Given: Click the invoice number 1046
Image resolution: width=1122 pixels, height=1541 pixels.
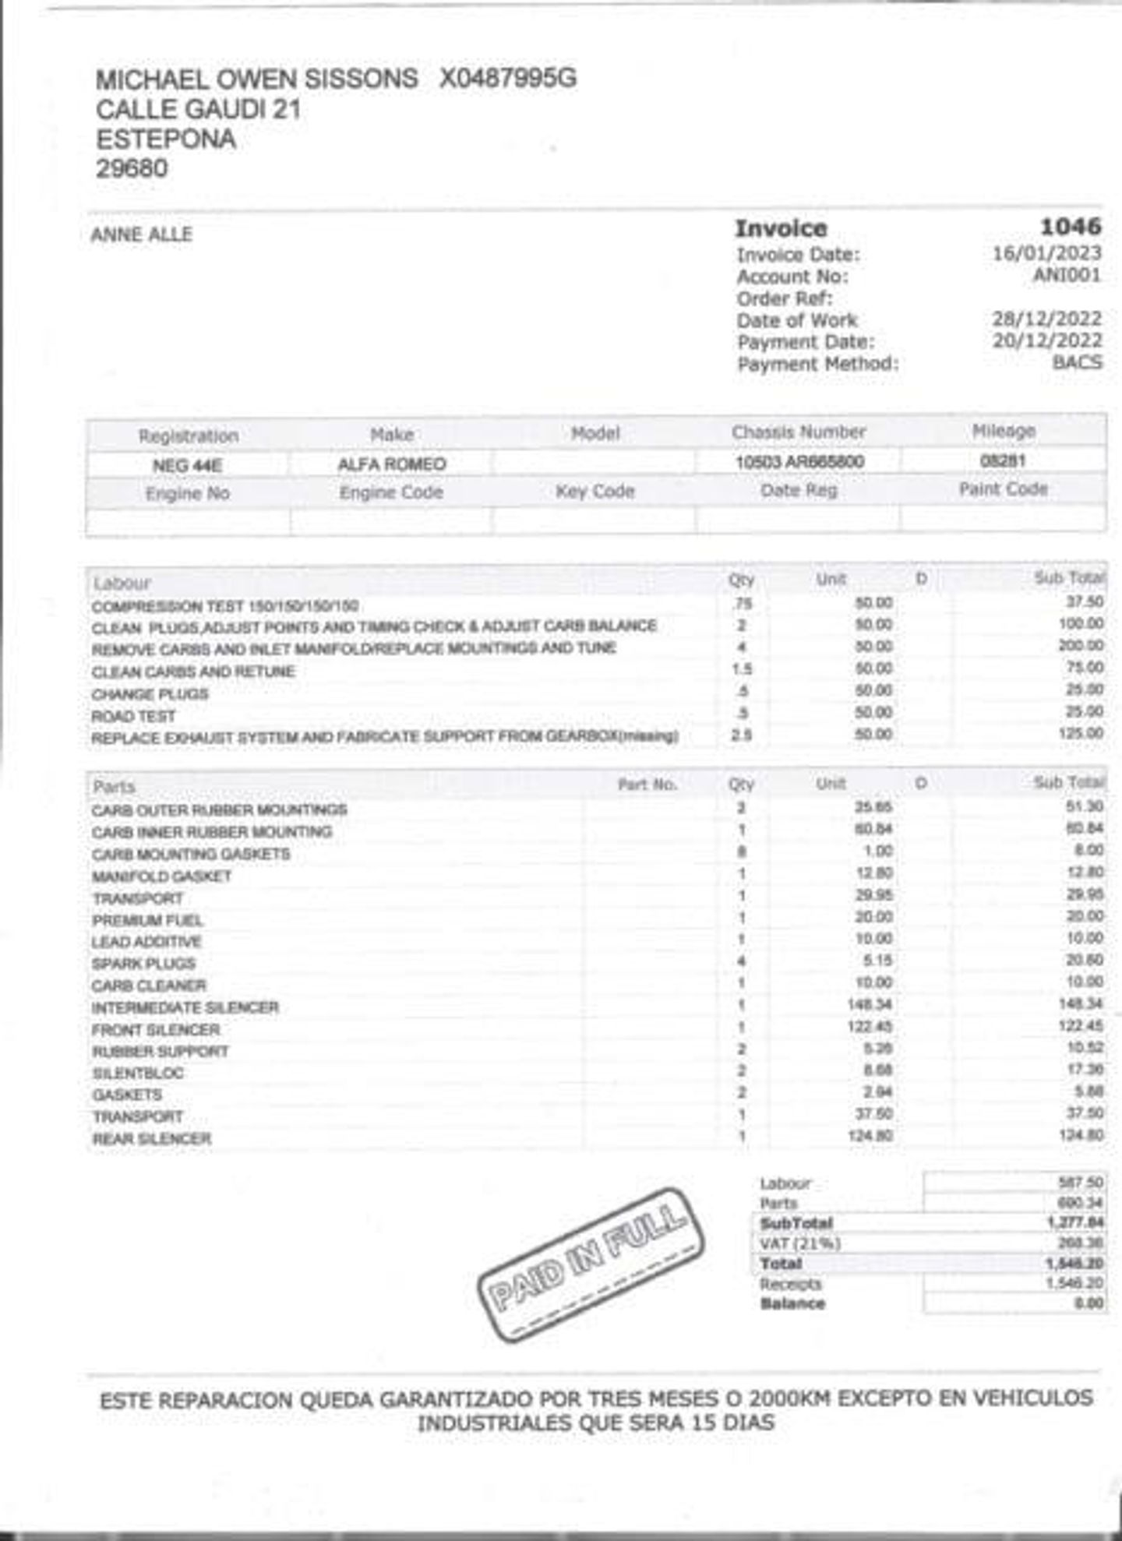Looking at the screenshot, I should pyautogui.click(x=1071, y=227).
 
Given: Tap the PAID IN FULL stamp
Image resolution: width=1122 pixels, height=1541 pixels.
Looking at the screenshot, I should pyautogui.click(x=591, y=1264).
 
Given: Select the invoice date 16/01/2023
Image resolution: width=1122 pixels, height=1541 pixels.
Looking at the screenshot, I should pyautogui.click(x=1046, y=253).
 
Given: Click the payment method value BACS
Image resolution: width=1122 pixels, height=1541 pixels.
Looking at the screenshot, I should pyautogui.click(x=1077, y=362).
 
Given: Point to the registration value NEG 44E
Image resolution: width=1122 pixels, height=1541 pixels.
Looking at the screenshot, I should pyautogui.click(x=187, y=465).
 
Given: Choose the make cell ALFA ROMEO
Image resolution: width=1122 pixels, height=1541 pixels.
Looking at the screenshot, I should pyautogui.click(x=391, y=464).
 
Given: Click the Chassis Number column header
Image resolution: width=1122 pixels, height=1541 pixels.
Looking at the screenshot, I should pyautogui.click(x=798, y=432).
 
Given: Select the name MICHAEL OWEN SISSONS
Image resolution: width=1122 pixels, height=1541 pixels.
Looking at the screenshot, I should pyautogui.click(x=256, y=79).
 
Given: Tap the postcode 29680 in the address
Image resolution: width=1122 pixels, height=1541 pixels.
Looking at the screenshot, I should pyautogui.click(x=132, y=168).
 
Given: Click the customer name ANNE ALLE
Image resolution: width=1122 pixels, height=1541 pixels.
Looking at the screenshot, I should pyautogui.click(x=141, y=235).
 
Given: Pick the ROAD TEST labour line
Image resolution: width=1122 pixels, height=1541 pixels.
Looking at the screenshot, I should pyautogui.click(x=133, y=716).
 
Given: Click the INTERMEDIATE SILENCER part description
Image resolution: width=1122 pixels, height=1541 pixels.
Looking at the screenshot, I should pyautogui.click(x=185, y=1007).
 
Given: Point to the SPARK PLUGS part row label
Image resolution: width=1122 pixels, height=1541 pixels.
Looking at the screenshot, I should pyautogui.click(x=143, y=964).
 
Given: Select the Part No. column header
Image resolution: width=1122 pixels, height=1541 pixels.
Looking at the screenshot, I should pyautogui.click(x=647, y=785).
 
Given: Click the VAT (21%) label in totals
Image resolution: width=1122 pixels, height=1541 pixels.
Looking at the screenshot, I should pyautogui.click(x=799, y=1243).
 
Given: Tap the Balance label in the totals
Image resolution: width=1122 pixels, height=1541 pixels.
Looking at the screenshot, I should pyautogui.click(x=792, y=1303).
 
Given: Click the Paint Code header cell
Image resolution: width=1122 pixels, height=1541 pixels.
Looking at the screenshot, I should pyautogui.click(x=1003, y=489).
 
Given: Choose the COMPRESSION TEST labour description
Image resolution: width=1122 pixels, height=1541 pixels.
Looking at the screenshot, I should pyautogui.click(x=224, y=606).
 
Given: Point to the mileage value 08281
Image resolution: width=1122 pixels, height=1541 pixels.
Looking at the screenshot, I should pyautogui.click(x=1003, y=460).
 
